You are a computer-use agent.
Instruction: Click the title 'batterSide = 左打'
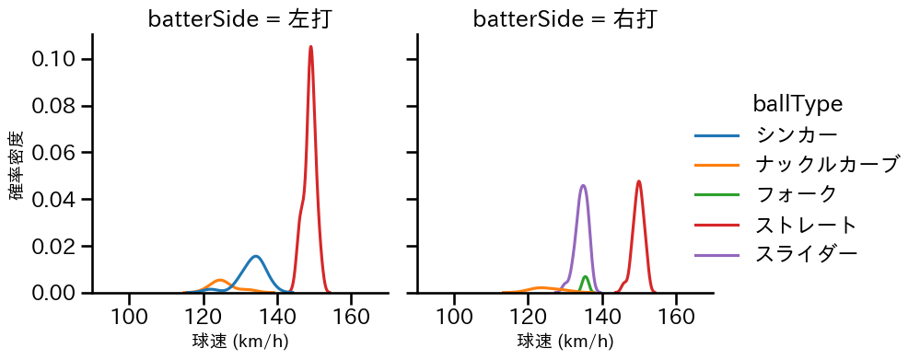(x=239, y=19)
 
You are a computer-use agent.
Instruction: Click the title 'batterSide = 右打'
(x=565, y=19)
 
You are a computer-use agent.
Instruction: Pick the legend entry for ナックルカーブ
(x=825, y=165)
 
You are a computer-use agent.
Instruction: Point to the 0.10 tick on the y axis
(x=61, y=60)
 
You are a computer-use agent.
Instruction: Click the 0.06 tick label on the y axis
(x=61, y=153)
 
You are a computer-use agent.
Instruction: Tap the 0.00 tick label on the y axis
(x=61, y=293)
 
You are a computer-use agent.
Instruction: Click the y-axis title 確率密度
(x=17, y=164)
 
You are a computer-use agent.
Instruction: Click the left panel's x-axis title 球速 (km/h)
(x=239, y=342)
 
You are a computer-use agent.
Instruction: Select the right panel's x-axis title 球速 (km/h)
(x=565, y=342)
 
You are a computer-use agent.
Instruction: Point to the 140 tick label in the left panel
(x=277, y=316)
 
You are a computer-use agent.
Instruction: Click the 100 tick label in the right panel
(x=454, y=316)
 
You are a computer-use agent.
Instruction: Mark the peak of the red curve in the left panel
(x=311, y=47)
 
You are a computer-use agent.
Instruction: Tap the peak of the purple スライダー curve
(x=583, y=185)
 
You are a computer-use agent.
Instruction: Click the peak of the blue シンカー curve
(x=255, y=256)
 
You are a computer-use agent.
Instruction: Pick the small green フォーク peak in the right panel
(x=586, y=276)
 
